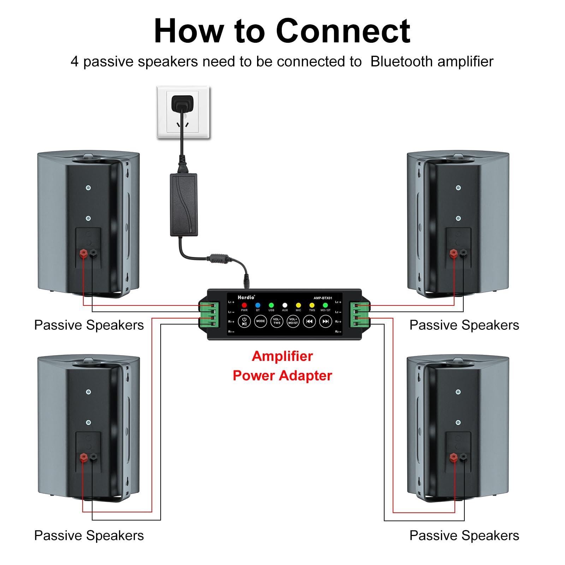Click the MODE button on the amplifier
click(260, 321)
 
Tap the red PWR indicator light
click(244, 305)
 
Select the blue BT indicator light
click(258, 305)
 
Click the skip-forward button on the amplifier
click(326, 321)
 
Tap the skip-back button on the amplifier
click(309, 321)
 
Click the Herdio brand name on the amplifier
click(246, 297)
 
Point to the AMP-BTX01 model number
click(323, 298)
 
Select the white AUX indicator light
click(285, 305)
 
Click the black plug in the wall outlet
click(182, 103)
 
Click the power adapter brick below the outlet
click(184, 205)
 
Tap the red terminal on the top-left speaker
click(84, 253)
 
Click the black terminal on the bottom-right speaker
click(463, 458)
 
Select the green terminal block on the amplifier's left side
click(208, 314)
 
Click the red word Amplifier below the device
click(282, 356)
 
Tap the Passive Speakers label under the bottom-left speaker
click(89, 536)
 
